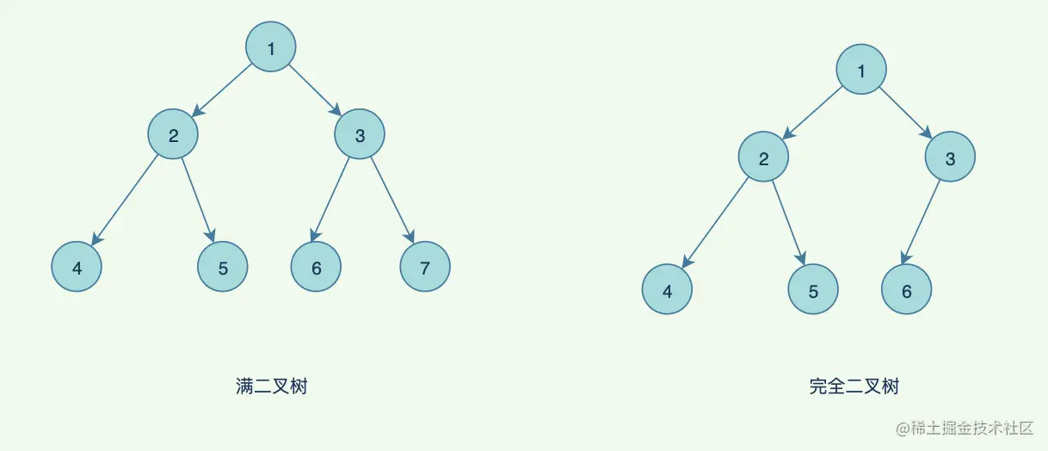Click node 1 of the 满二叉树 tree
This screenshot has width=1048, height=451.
click(x=271, y=47)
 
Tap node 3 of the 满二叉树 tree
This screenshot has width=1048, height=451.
click(x=360, y=134)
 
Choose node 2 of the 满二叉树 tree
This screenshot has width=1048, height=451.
click(x=173, y=134)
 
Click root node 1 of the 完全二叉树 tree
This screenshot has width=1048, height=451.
click(x=861, y=71)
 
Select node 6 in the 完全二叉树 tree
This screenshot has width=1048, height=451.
click(x=907, y=291)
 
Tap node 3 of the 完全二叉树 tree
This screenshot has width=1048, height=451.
click(x=951, y=158)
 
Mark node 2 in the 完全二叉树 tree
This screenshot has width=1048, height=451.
click(x=763, y=158)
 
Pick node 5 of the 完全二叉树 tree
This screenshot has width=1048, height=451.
click(x=813, y=291)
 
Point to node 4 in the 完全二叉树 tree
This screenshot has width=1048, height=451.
click(x=667, y=291)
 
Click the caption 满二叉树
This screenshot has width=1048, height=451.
click(x=271, y=386)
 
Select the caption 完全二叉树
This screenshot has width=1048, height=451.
click(x=854, y=386)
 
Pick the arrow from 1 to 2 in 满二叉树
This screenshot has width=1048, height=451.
click(x=224, y=90)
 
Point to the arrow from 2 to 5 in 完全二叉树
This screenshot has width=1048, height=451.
click(x=789, y=225)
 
